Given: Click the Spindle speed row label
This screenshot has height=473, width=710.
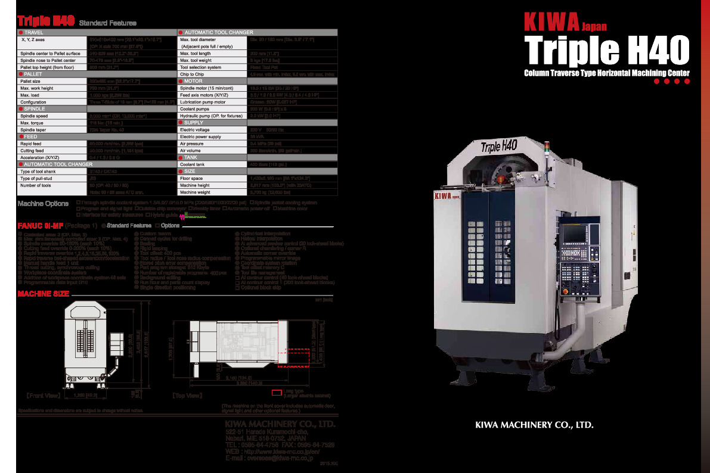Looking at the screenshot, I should point(34,116).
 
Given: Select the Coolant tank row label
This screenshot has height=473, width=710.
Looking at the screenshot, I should point(193,164).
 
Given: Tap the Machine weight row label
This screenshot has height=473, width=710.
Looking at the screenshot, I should point(196,192).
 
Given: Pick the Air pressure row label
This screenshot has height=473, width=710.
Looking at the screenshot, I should point(191,144).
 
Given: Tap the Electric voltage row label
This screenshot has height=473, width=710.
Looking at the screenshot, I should point(195,129).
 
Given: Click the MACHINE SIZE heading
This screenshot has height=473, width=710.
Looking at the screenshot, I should point(43,294).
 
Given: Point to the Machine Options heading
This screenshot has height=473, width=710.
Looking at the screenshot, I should point(43,204).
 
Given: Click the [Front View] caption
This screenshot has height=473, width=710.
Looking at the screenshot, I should point(43,395).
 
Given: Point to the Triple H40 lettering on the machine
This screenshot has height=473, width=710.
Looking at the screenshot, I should point(499,145).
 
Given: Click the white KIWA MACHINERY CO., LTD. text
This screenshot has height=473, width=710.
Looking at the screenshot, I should point(534,425).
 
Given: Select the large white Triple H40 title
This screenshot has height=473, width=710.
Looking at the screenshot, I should point(606,50).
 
